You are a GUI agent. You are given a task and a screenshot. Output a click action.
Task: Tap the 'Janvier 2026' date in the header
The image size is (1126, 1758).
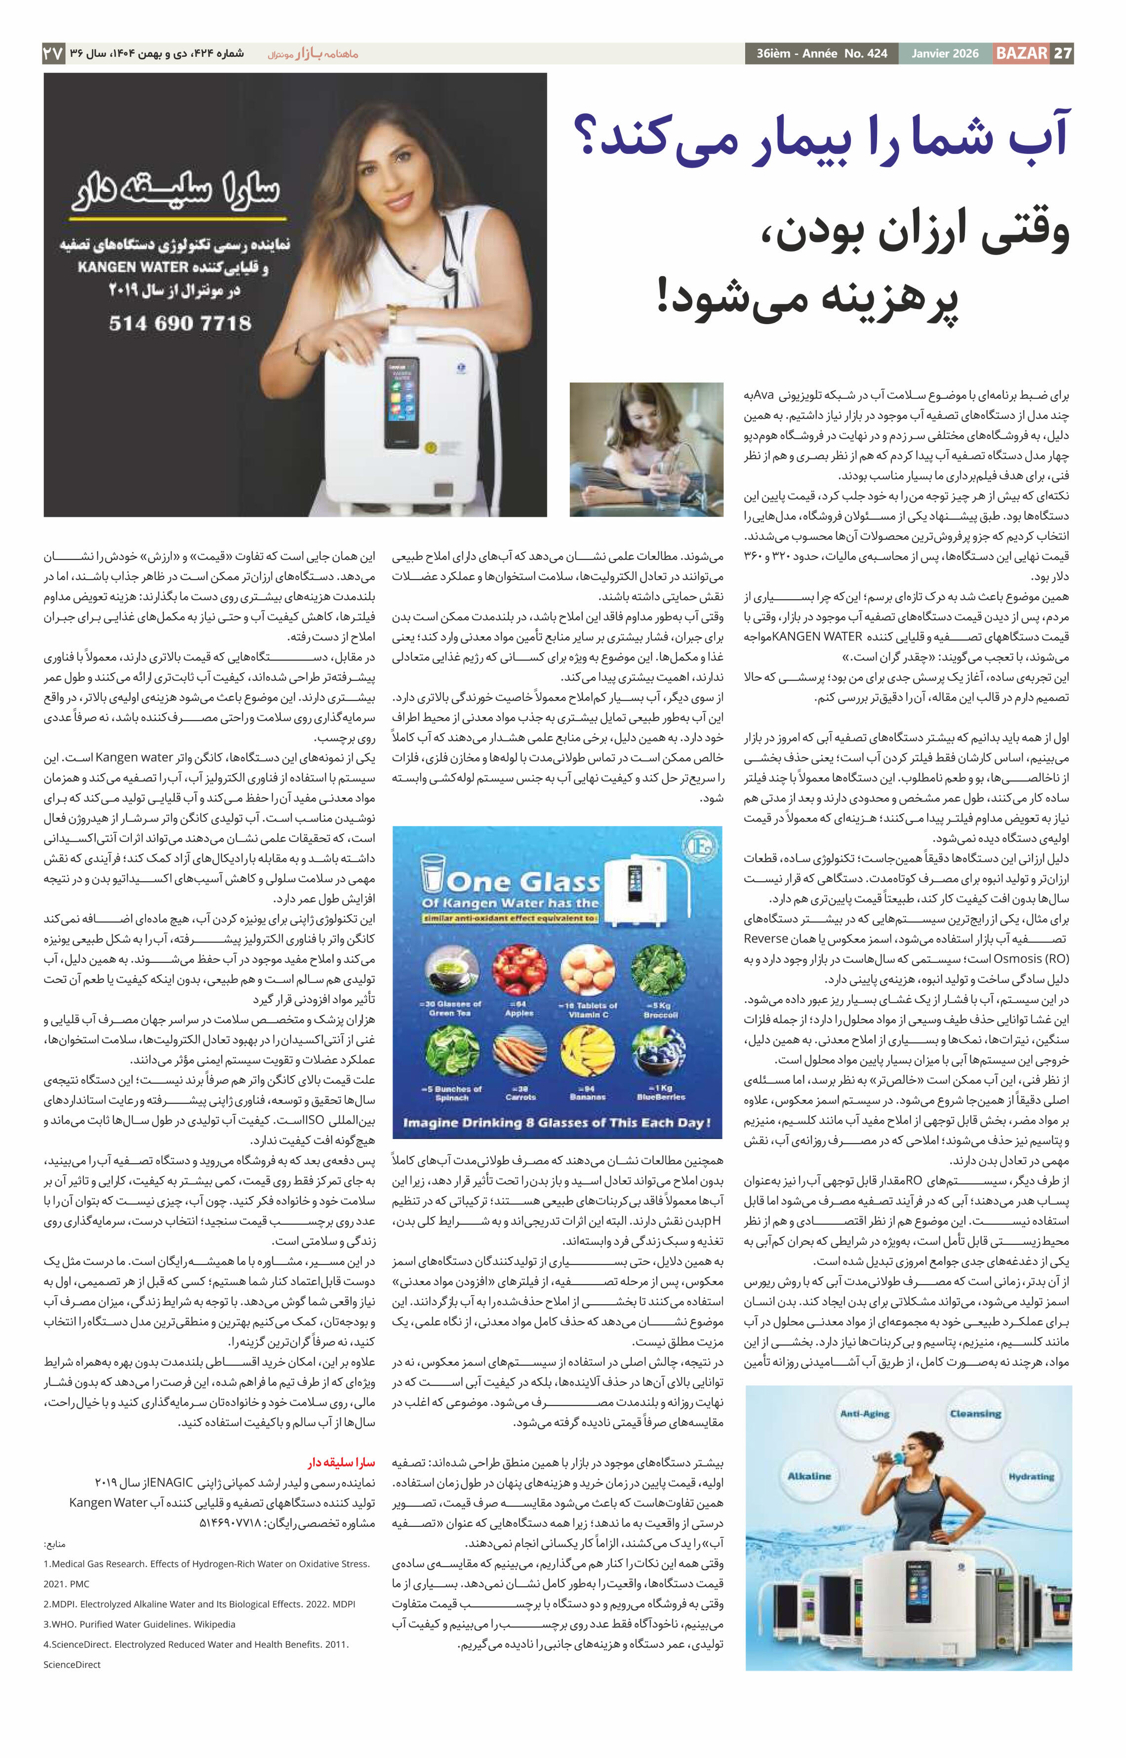click(x=945, y=53)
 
